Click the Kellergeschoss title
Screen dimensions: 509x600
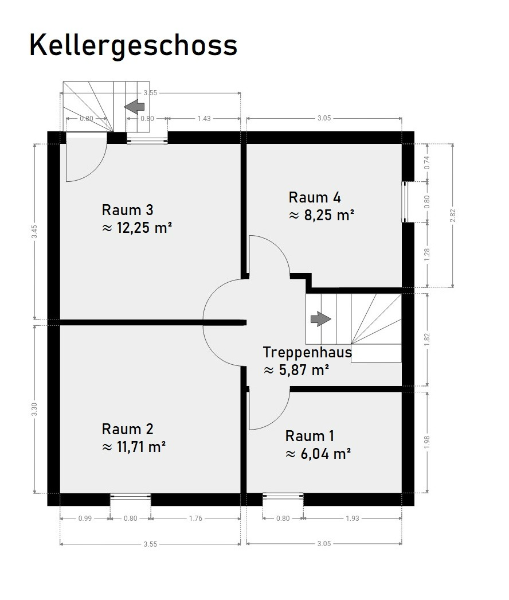(x=133, y=45)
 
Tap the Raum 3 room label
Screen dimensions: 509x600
(x=127, y=210)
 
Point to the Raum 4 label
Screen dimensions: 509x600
(x=314, y=197)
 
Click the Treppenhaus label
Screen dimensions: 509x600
(x=307, y=352)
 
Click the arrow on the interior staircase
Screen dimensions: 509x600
(x=321, y=319)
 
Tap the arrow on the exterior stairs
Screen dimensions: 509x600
(x=134, y=107)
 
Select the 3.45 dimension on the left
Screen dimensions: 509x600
(x=34, y=232)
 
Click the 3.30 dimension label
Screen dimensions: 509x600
(x=34, y=410)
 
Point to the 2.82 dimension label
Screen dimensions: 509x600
(x=453, y=216)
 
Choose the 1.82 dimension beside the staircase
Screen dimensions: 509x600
(x=427, y=340)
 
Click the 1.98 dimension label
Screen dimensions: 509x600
(x=427, y=442)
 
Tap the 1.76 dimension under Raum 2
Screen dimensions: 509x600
(x=195, y=519)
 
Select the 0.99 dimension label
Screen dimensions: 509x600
(x=85, y=519)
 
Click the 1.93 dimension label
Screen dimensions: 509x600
(x=352, y=519)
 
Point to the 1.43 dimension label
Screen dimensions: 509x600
(x=204, y=119)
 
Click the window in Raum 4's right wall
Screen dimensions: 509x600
(x=405, y=202)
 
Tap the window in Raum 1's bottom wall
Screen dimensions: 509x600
(x=283, y=496)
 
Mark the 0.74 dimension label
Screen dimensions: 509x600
(x=427, y=163)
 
